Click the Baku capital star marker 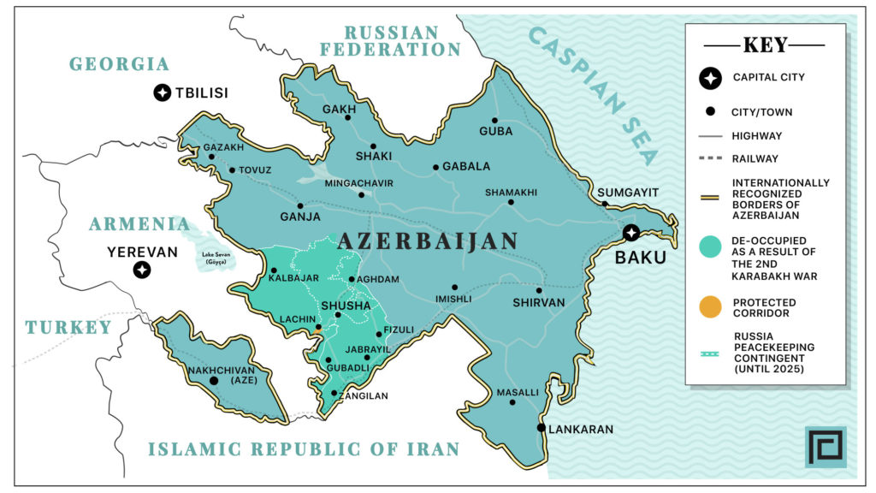pos(631,232)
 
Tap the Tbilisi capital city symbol pos(162,92)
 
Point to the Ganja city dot pos(300,205)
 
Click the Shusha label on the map pos(345,306)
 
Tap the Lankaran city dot pos(542,428)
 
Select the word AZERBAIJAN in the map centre pos(428,241)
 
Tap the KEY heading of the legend pos(765,45)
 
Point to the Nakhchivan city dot pos(214,380)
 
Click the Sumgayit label pos(628,192)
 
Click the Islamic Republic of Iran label pos(304,448)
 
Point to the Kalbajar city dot pos(275,270)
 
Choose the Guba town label pos(496,131)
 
